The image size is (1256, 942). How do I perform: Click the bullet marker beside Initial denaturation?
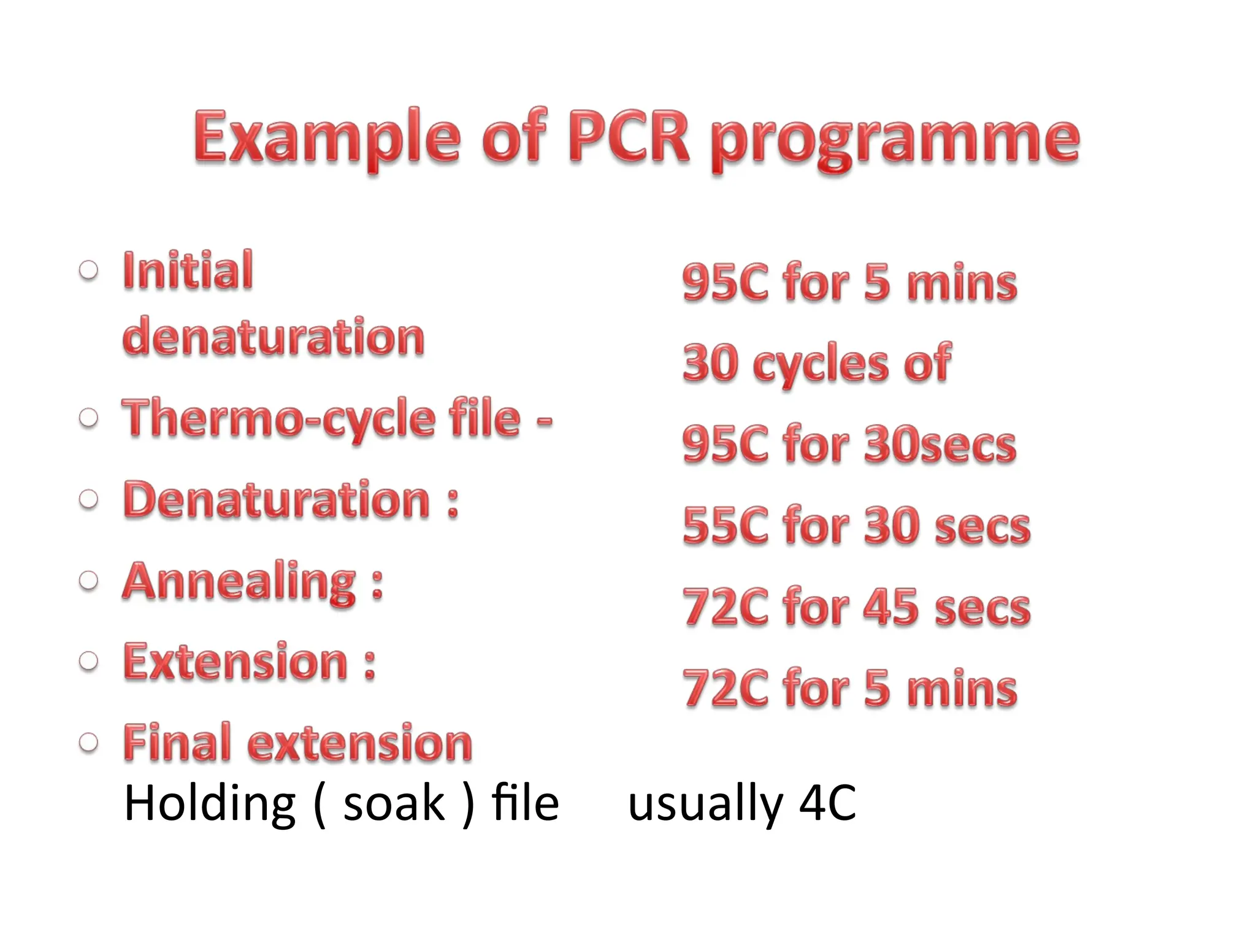point(89,270)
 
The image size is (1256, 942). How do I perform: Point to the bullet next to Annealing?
point(89,580)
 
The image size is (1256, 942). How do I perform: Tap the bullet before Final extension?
point(89,743)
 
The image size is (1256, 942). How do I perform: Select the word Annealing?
point(239,582)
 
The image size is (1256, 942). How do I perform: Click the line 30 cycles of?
point(816,363)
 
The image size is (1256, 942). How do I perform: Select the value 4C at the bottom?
point(827,803)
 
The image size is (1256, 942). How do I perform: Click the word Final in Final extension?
point(177,743)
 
